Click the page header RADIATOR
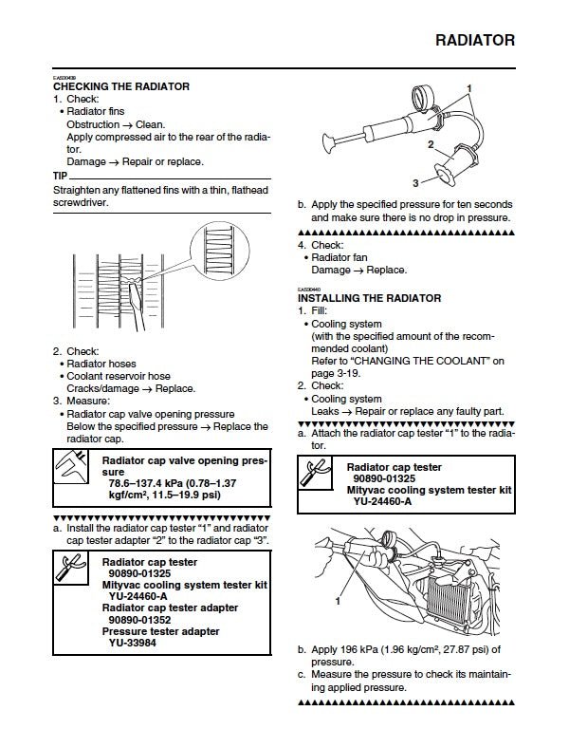475,41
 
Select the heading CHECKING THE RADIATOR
121,86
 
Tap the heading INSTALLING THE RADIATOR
369,298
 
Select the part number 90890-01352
140,619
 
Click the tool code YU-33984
136,643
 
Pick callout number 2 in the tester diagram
431,145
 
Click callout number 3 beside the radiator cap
415,181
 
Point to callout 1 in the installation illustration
336,601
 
